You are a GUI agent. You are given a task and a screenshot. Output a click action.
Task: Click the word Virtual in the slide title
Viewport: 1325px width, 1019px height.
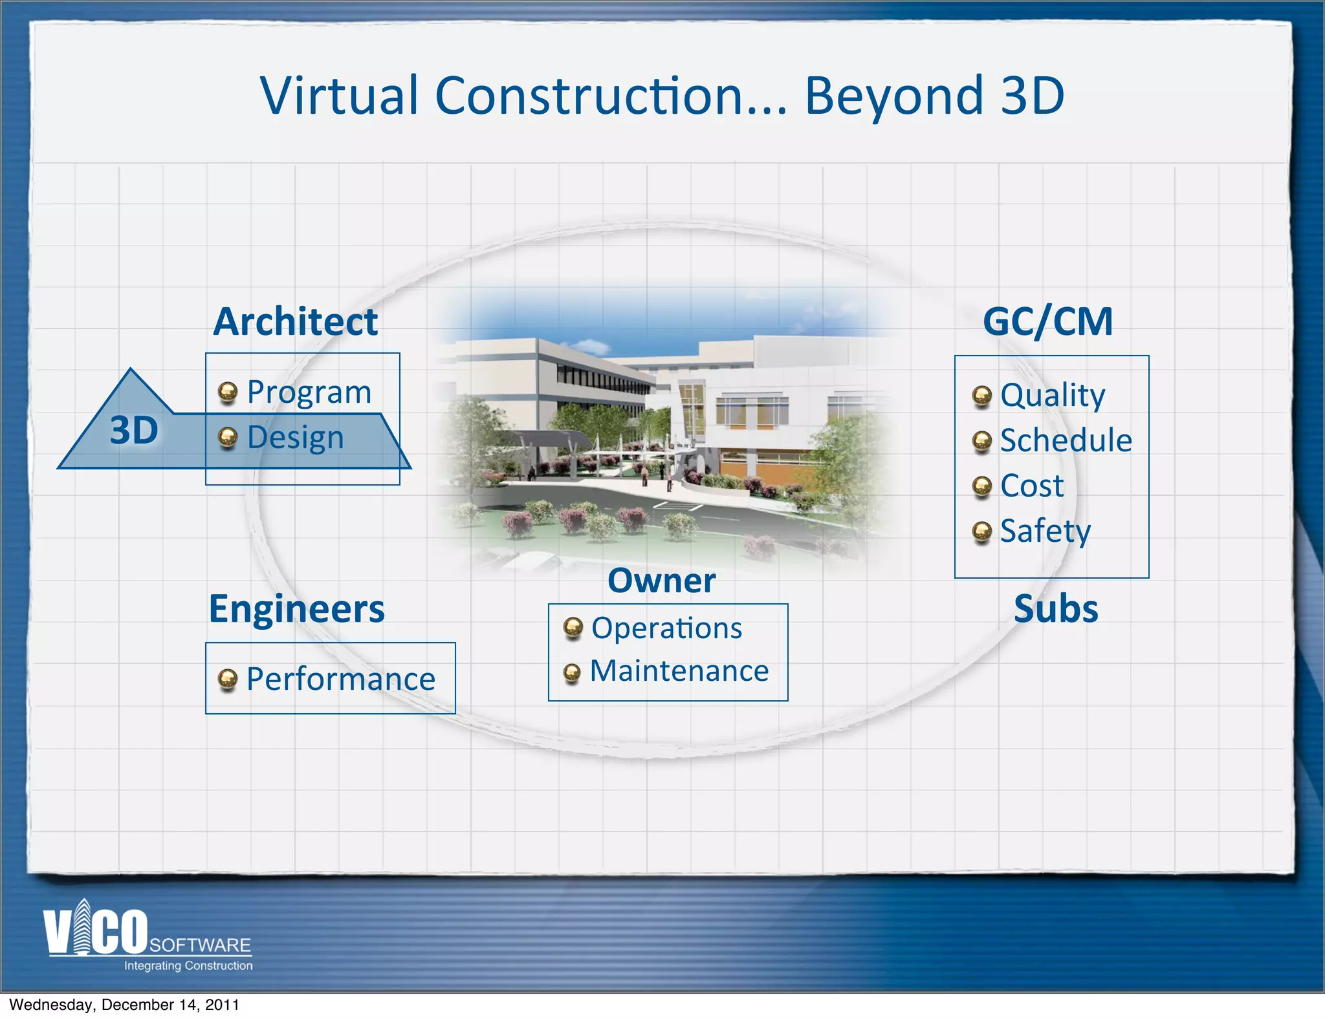339,96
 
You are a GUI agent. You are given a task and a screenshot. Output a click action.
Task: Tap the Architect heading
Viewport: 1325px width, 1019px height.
296,321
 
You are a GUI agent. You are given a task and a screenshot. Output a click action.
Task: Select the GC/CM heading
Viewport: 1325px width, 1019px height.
1047,321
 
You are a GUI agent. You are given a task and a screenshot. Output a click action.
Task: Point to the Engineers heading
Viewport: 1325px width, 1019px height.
296,609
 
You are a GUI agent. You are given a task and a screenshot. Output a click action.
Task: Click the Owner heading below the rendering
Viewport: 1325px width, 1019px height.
661,581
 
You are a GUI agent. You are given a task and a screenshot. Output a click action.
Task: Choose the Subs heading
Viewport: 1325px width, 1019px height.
1056,609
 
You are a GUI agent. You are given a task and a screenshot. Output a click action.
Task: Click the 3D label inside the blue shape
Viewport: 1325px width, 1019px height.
134,430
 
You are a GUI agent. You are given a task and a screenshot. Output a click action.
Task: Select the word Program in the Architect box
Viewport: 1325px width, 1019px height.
309,392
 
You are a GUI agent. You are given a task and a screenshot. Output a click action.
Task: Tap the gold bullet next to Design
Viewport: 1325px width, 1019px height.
227,438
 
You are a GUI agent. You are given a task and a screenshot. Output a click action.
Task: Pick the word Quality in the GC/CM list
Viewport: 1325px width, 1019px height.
1053,395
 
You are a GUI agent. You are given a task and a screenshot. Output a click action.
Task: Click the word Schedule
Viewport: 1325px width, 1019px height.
1066,440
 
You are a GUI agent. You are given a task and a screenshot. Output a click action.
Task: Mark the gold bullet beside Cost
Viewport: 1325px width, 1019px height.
981,486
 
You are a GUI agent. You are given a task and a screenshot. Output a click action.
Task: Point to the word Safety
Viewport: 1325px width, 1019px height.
1045,531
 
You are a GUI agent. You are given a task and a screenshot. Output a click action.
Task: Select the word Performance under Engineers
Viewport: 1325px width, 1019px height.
341,679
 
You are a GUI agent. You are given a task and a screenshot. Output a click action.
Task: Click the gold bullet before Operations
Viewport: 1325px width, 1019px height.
573,628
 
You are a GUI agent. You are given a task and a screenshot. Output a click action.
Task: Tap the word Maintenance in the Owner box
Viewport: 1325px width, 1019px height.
679,671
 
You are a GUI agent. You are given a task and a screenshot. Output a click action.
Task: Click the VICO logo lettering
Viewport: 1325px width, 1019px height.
96,931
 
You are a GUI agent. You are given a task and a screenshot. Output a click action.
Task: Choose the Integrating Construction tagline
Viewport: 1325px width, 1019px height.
188,965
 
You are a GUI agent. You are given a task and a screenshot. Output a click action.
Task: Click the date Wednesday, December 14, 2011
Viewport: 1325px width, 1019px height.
124,1005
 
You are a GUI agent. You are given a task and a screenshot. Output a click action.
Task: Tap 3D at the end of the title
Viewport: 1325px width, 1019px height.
1032,96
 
